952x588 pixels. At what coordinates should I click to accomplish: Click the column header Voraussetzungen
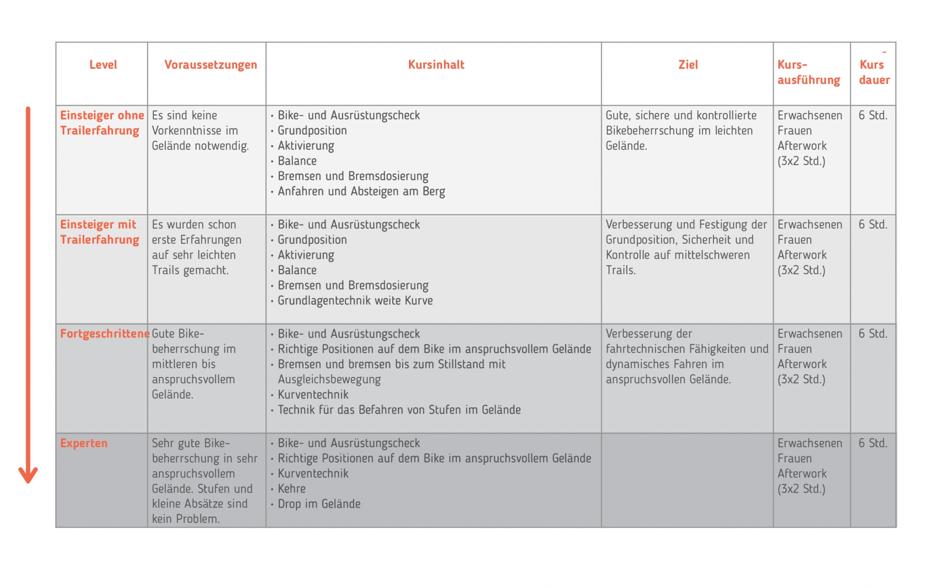[x=211, y=65]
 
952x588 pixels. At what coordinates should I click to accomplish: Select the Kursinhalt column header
[x=436, y=65]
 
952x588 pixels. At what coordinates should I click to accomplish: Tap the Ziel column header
[x=688, y=65]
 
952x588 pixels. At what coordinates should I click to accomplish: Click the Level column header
[x=103, y=65]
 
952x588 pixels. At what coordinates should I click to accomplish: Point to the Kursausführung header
[x=808, y=72]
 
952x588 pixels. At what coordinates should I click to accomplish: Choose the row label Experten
[x=84, y=443]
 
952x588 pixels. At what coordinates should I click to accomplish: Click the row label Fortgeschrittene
[x=105, y=334]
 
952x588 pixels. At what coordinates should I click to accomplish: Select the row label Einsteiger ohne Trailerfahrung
[x=101, y=123]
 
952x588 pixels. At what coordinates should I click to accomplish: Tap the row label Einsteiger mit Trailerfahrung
[x=99, y=232]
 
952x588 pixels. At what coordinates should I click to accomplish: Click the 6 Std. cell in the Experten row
[x=873, y=443]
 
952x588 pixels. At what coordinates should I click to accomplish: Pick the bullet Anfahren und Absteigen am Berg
[x=361, y=191]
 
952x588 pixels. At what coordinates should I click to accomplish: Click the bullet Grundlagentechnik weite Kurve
[x=355, y=301]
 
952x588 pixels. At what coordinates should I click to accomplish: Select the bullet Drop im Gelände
[x=319, y=504]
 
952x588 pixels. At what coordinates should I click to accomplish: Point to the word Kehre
[x=291, y=489]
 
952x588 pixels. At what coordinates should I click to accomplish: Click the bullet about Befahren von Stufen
[x=399, y=410]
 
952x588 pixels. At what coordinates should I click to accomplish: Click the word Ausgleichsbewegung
[x=329, y=379]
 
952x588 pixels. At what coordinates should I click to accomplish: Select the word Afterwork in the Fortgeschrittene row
[x=802, y=364]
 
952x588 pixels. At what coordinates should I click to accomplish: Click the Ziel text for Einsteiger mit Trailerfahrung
[x=686, y=247]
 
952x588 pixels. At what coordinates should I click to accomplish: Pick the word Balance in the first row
[x=297, y=161]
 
